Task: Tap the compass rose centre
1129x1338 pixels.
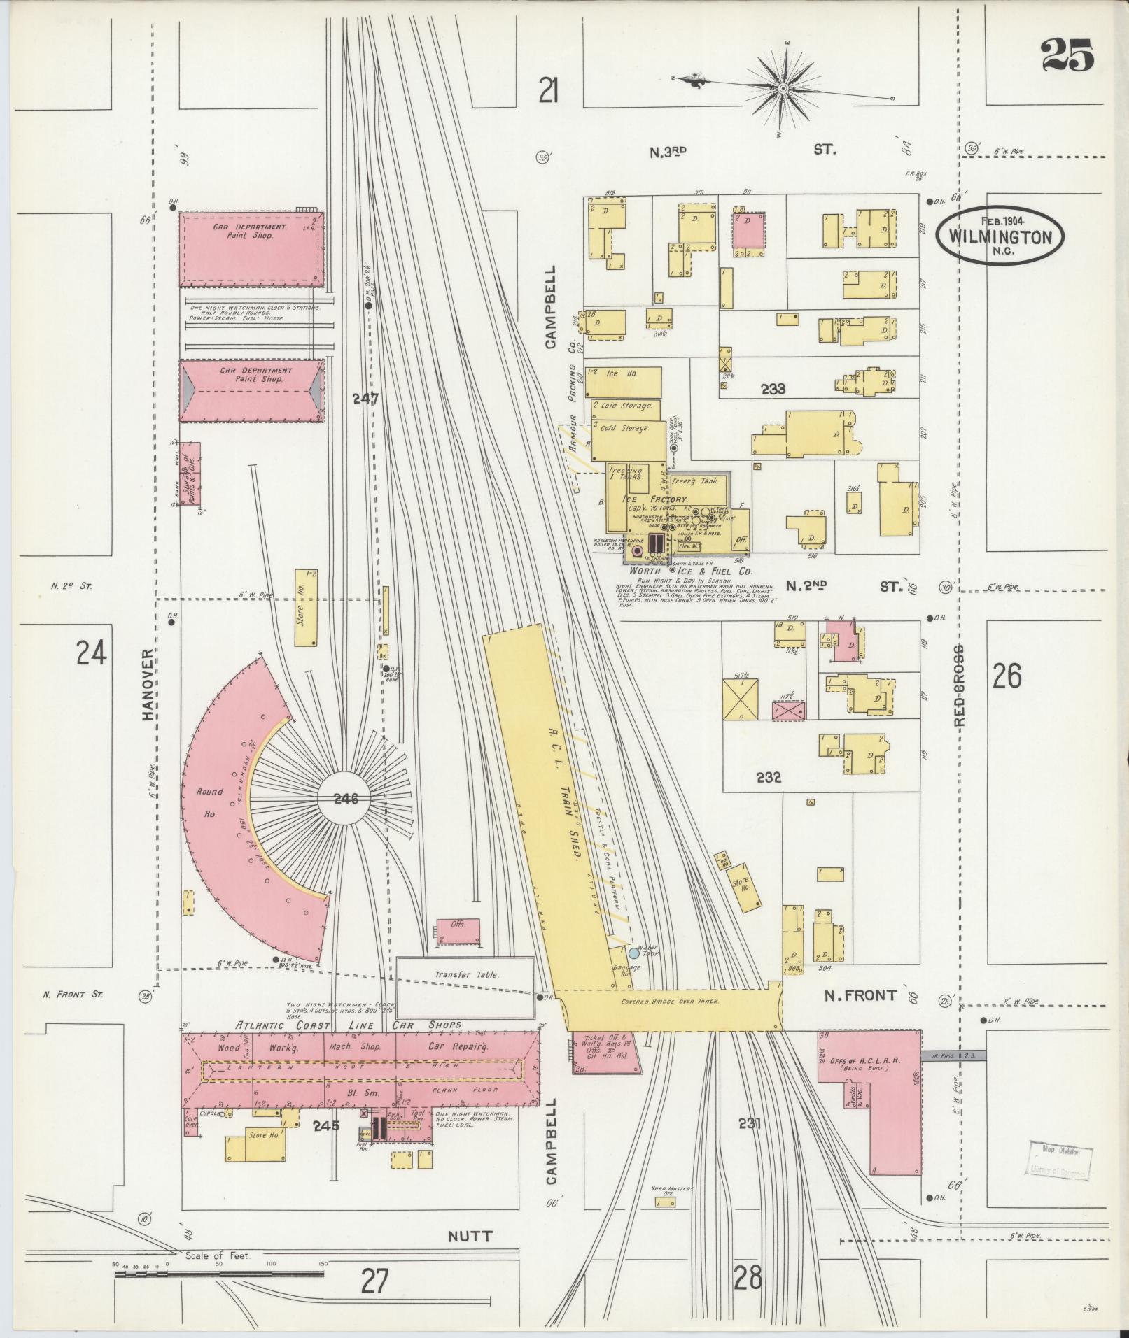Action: tap(783, 89)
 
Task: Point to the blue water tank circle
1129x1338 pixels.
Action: tap(633, 953)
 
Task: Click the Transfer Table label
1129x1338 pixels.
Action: tap(465, 974)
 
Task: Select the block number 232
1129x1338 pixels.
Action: tap(768, 777)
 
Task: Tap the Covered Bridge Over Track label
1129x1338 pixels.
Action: tap(670, 1002)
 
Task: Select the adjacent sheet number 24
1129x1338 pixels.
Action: tap(92, 653)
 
